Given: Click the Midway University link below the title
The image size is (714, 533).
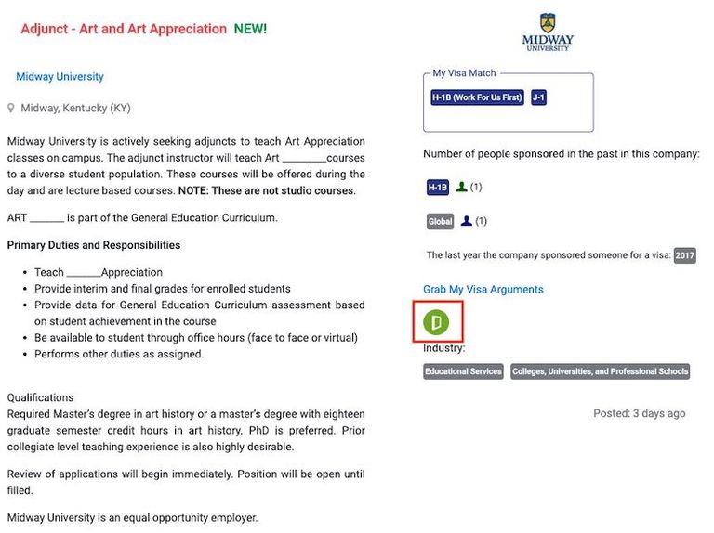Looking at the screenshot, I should click(59, 77).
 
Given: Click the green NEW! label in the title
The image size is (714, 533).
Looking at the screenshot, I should click(250, 29).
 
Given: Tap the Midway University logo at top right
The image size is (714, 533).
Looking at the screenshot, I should click(548, 32).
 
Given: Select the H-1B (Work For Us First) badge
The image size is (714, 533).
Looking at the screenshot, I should click(478, 97).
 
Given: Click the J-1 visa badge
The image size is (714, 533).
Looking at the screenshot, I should click(539, 97).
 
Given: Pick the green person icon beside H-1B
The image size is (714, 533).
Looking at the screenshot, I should click(461, 187).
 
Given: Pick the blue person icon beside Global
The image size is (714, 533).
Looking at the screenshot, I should click(467, 221).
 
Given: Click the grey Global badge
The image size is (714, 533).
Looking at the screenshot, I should click(441, 222).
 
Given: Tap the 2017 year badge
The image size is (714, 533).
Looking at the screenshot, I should click(684, 255).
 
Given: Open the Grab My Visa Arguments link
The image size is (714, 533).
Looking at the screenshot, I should click(483, 290).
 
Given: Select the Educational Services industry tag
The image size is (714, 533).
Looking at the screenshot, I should click(463, 371).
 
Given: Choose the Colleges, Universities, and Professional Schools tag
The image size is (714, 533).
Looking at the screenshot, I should click(601, 371).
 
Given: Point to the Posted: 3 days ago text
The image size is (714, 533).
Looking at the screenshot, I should click(640, 413).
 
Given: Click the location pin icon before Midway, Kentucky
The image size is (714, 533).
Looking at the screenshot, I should click(11, 109).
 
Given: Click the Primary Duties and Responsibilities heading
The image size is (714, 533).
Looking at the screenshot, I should click(93, 245).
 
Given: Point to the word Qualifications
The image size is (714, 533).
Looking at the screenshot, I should click(40, 397).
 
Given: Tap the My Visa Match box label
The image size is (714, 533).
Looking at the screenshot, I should click(464, 73).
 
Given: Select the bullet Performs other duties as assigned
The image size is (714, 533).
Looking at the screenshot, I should click(119, 354).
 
